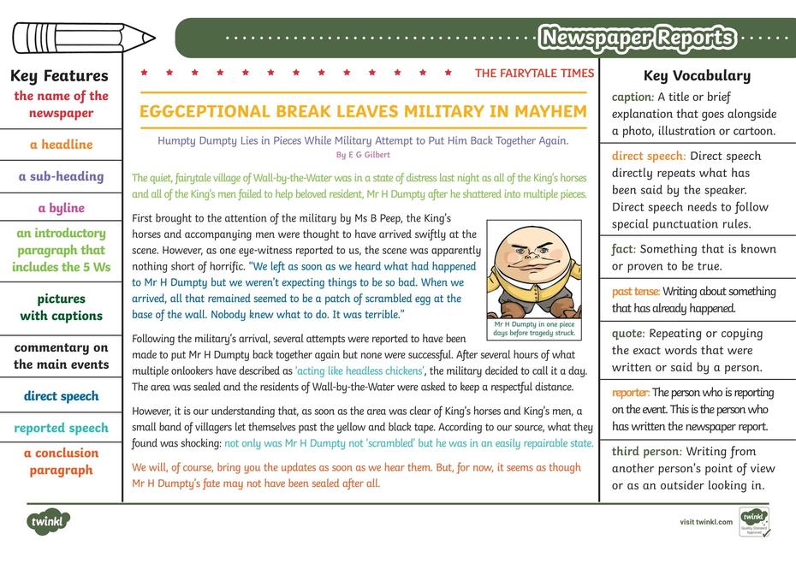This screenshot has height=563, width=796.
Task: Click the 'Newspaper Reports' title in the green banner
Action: (637, 38)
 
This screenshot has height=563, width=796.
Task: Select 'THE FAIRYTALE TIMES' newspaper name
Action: (534, 74)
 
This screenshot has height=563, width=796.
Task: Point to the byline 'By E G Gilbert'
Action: (363, 155)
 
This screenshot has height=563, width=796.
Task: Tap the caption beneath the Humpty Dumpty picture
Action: (534, 329)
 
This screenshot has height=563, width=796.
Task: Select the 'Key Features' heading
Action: (60, 76)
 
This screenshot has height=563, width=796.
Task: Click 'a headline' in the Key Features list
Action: (61, 145)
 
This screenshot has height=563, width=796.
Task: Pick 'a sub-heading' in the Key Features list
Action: (61, 176)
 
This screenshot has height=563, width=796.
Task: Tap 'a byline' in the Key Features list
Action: (61, 208)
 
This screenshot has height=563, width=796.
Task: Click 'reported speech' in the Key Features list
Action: (61, 428)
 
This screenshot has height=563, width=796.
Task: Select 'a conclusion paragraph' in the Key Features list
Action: (61, 461)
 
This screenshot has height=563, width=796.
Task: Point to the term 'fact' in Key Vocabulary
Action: (622, 249)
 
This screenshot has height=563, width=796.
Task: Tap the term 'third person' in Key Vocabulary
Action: (646, 451)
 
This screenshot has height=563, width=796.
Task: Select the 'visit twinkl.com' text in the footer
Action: (706, 522)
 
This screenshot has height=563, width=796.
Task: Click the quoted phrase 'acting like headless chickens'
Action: (359, 370)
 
